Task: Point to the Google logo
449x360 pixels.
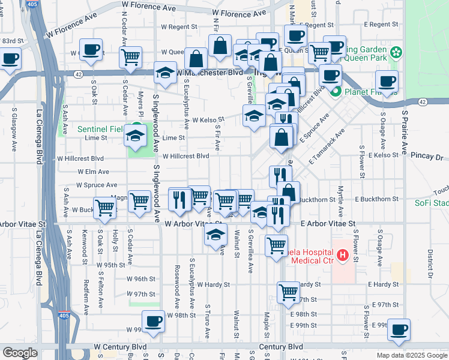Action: pyautogui.click(x=20, y=352)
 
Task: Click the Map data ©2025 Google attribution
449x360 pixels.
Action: pyautogui.click(x=412, y=355)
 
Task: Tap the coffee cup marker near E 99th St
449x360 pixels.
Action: pyautogui.click(x=399, y=329)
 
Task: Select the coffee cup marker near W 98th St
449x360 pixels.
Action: pyautogui.click(x=154, y=321)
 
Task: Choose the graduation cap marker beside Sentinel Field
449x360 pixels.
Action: pyautogui.click(x=135, y=136)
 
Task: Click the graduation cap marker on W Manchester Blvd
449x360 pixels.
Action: pyautogui.click(x=166, y=73)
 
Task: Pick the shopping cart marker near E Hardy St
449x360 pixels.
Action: pyautogui.click(x=289, y=292)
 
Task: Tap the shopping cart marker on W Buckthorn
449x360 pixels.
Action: pyautogui.click(x=105, y=208)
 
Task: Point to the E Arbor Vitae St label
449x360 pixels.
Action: pyautogui.click(x=328, y=223)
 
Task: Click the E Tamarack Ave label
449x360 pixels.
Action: pyautogui.click(x=327, y=148)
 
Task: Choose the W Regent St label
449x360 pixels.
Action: pyautogui.click(x=176, y=27)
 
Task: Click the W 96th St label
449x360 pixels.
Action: pyautogui.click(x=141, y=279)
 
